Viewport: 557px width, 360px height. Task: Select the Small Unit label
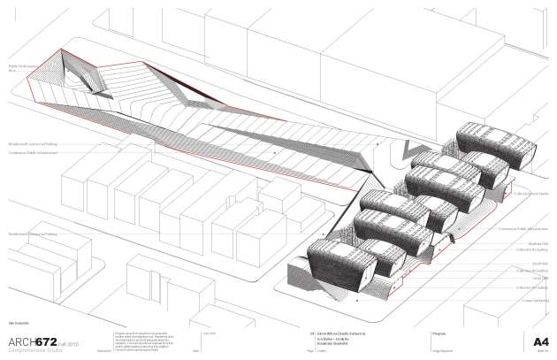coord(536,264)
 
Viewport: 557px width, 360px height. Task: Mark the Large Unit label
coord(536,277)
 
